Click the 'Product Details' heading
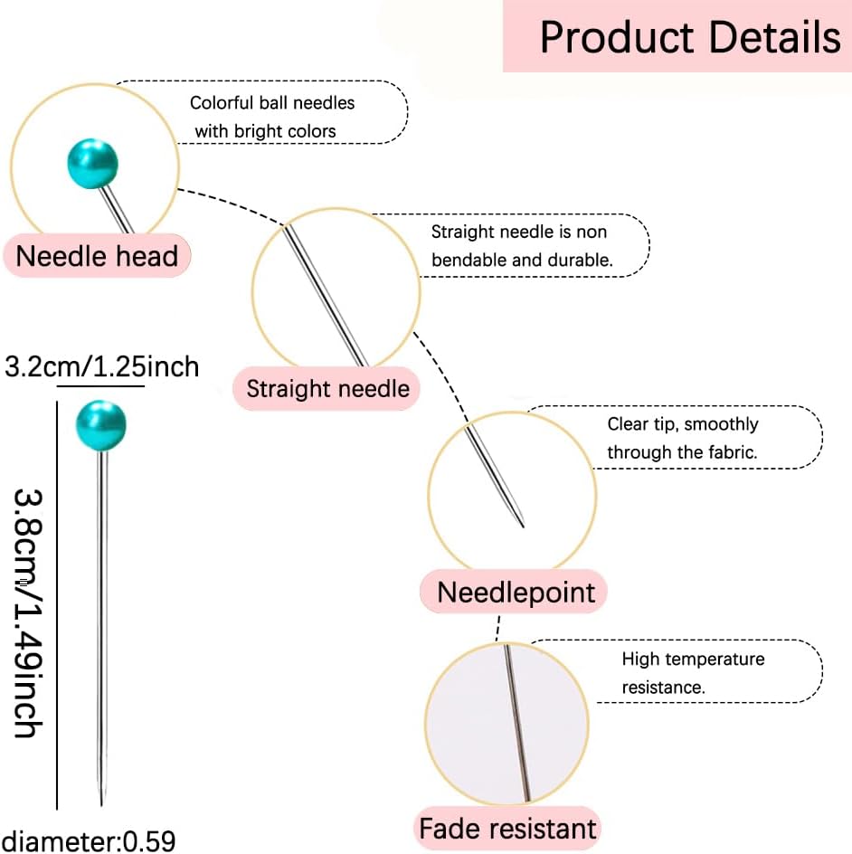[690, 37]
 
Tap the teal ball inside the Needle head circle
[92, 164]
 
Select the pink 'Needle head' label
[97, 256]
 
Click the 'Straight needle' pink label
[327, 389]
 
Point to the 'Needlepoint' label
[515, 592]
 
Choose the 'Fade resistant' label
[507, 829]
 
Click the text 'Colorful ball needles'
[272, 103]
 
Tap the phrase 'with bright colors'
[265, 131]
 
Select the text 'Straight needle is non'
[519, 232]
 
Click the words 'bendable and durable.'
[522, 261]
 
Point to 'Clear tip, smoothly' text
[683, 424]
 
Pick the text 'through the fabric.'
[682, 452]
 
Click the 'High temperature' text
[693, 659]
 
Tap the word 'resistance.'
[663, 688]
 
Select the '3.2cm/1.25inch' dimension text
[102, 366]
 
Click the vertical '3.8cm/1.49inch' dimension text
[27, 612]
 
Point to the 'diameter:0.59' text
[89, 840]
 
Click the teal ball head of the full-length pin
[101, 425]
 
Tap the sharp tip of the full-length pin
[102, 804]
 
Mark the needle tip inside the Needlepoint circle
[523, 527]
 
